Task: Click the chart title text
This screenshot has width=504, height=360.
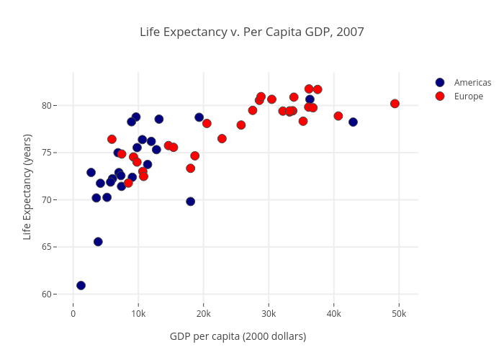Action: pyautogui.click(x=252, y=32)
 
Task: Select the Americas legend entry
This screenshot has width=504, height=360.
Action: pyautogui.click(x=472, y=83)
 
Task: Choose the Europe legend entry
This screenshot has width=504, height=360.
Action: pyautogui.click(x=468, y=96)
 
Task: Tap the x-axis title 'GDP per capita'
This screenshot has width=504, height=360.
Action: pyautogui.click(x=238, y=336)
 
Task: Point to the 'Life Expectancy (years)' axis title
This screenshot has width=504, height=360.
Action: pyautogui.click(x=27, y=186)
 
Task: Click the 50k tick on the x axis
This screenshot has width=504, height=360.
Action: pyautogui.click(x=398, y=314)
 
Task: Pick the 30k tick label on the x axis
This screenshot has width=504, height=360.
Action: pyautogui.click(x=268, y=314)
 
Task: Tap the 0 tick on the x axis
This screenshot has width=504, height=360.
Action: pyautogui.click(x=73, y=314)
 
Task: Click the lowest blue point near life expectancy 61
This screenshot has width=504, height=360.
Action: pyautogui.click(x=81, y=286)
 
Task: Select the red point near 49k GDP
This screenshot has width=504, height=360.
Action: pyautogui.click(x=395, y=104)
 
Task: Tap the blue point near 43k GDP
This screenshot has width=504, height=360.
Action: pyautogui.click(x=353, y=122)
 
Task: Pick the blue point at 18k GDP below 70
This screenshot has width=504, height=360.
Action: pyautogui.click(x=190, y=202)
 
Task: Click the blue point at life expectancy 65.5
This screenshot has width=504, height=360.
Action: pyautogui.click(x=98, y=242)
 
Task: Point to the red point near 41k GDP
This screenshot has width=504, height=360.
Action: pyautogui.click(x=338, y=116)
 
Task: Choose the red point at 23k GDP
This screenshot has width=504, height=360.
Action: pyautogui.click(x=222, y=138)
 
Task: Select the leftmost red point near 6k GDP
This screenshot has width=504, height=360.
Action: pyautogui.click(x=112, y=139)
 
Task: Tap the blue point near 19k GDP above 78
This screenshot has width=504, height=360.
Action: pyautogui.click(x=199, y=117)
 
